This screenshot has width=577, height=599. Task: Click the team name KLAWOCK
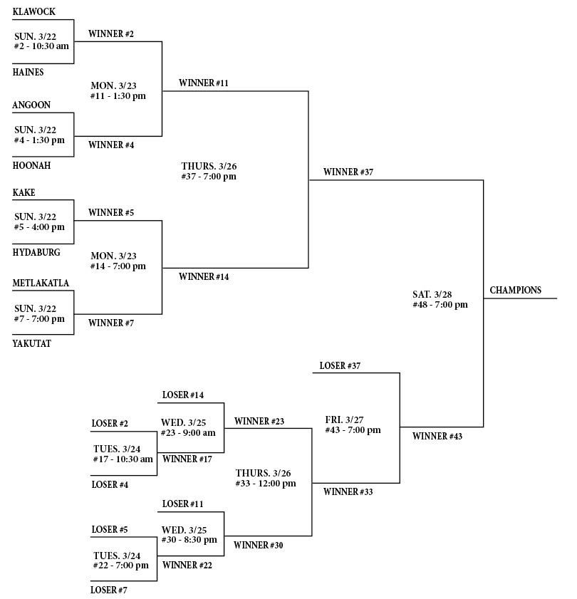34,12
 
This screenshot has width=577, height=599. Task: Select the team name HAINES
28,72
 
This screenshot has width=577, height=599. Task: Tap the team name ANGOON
31,105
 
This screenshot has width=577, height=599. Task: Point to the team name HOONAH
32,165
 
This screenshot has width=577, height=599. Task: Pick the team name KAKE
24,193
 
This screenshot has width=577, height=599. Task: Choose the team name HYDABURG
36,252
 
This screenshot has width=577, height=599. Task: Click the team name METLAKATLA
41,283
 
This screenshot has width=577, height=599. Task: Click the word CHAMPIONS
516,291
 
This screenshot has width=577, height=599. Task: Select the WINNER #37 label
348,172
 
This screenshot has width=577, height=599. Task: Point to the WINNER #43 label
437,437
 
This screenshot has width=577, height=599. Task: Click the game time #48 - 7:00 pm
440,305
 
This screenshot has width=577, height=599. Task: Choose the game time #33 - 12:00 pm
266,484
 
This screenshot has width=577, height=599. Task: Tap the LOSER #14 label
184,395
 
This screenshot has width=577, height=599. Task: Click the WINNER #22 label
187,566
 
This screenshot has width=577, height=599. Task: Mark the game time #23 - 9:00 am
189,432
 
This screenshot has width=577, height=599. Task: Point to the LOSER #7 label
110,590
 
